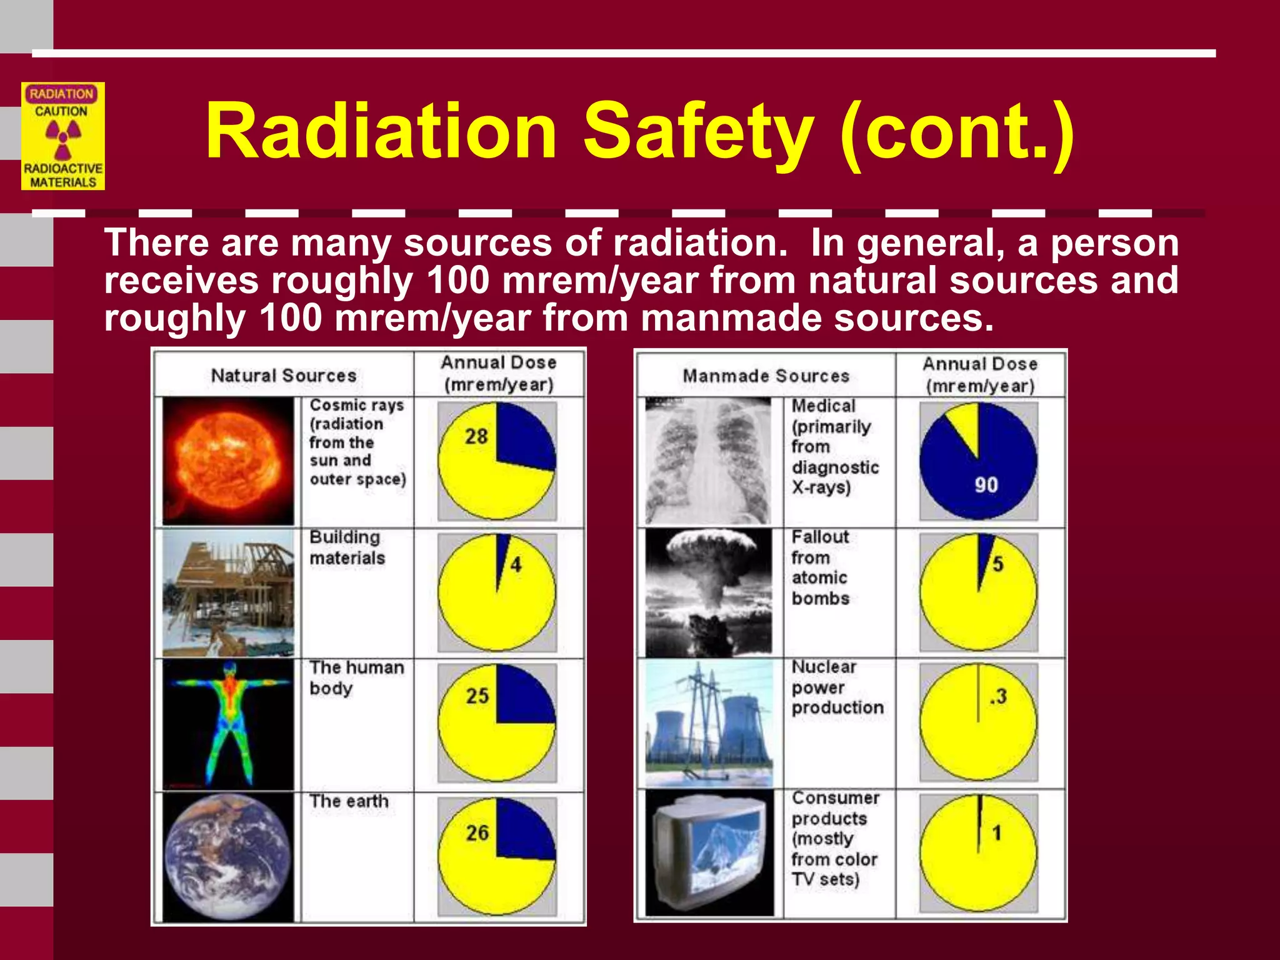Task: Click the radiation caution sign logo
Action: [62, 136]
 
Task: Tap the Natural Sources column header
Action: [283, 376]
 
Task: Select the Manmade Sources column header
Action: [766, 376]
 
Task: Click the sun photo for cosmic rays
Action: [228, 461]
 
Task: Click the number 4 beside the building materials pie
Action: [516, 565]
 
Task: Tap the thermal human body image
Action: [228, 724]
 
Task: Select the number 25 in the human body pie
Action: [477, 696]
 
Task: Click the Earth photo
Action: [228, 856]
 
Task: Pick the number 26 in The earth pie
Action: [477, 832]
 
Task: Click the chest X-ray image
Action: [708, 461]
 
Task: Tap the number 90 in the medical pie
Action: [986, 485]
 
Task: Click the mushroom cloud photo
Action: [708, 592]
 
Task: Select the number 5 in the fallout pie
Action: [997, 564]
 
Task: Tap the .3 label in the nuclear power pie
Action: [998, 696]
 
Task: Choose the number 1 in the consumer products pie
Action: [997, 832]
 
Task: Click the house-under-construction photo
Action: [228, 592]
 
